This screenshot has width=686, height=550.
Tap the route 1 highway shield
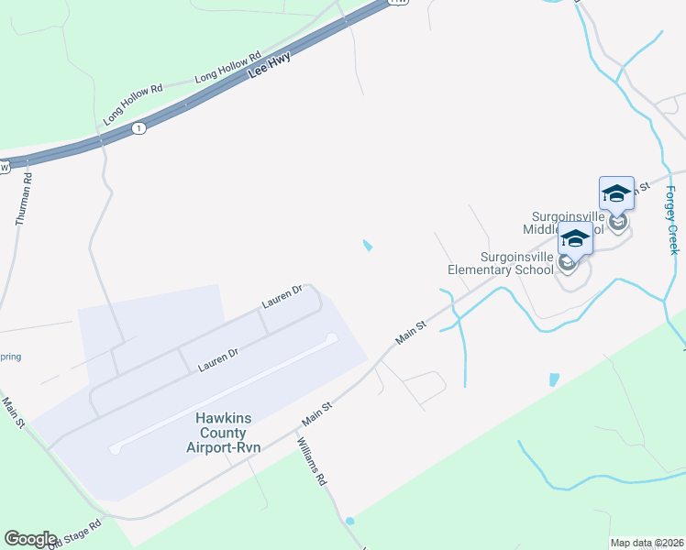click(x=138, y=127)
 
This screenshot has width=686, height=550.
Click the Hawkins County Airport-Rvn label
click(x=223, y=433)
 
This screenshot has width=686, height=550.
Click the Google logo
click(x=30, y=539)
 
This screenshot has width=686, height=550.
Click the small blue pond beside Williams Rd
click(x=349, y=521)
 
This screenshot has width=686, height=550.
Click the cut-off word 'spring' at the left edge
click(x=10, y=357)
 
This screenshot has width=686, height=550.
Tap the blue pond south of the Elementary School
click(x=553, y=379)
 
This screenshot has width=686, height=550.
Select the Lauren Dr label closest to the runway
click(x=218, y=359)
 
